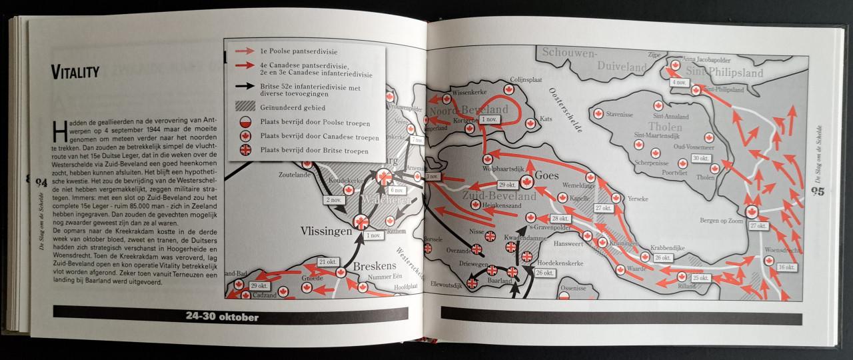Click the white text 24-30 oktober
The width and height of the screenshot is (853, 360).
tap(222, 317)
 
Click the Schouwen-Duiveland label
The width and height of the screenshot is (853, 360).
tap(594, 60)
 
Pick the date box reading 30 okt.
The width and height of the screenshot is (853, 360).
tap(700, 158)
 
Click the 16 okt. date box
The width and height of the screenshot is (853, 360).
tap(786, 267)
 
